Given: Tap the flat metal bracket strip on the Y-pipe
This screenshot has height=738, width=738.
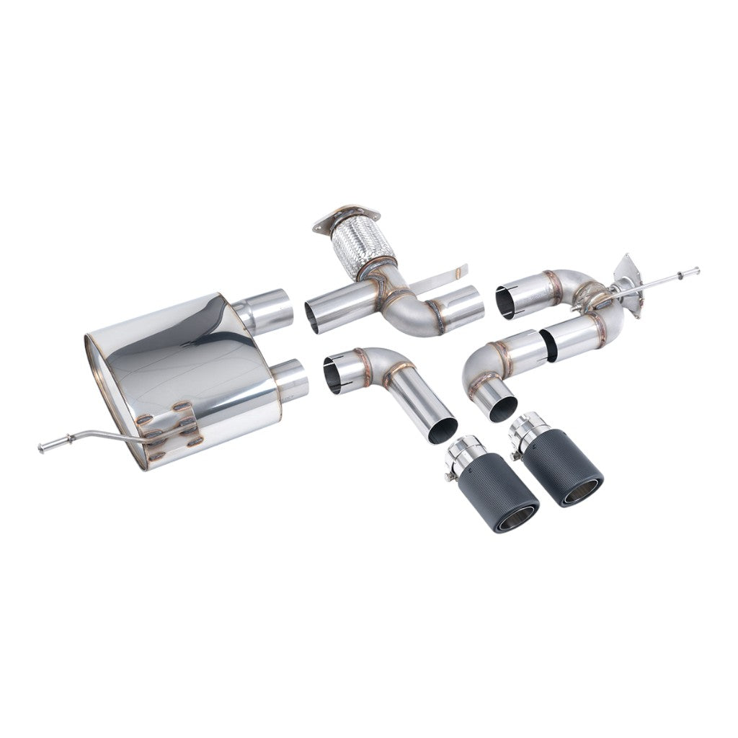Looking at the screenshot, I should coord(440,277).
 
